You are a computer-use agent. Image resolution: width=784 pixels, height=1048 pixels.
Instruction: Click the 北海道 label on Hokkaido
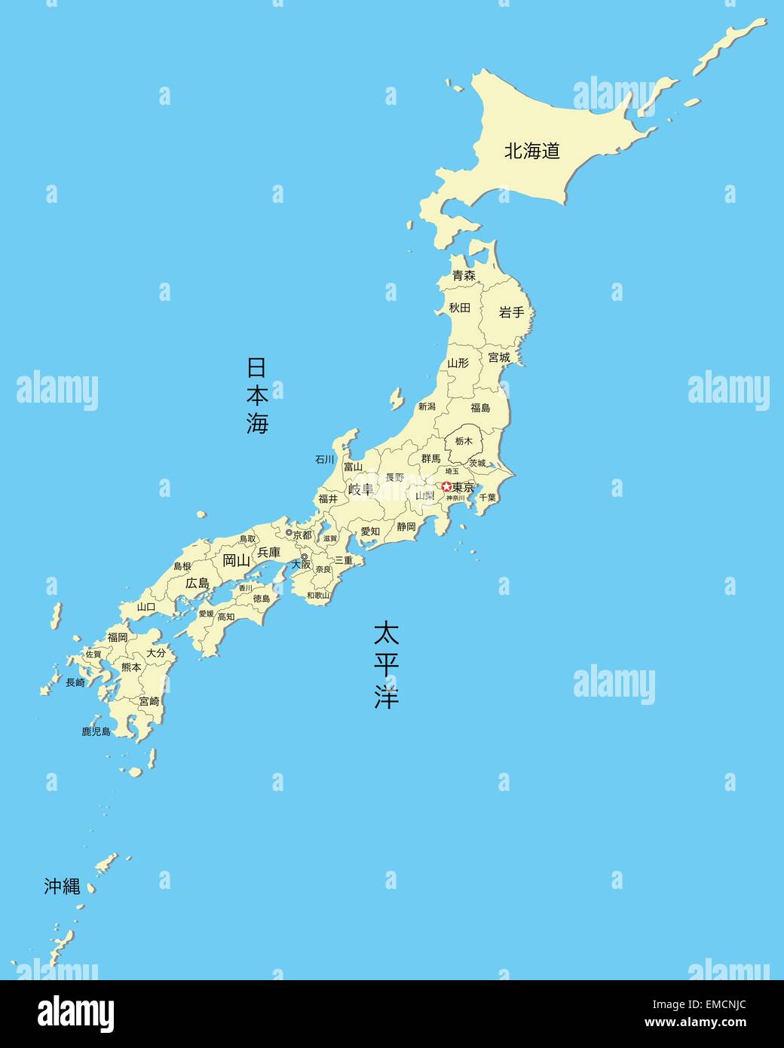tap(532, 151)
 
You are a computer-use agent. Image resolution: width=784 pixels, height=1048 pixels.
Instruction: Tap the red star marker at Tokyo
tap(446, 487)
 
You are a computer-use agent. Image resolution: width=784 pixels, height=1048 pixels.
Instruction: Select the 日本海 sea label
tap(257, 395)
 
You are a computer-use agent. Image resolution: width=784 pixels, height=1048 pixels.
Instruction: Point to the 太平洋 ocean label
tap(386, 664)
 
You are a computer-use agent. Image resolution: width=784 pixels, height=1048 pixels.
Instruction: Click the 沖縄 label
tap(62, 887)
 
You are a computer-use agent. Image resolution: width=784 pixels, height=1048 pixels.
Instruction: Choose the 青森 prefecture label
tap(464, 276)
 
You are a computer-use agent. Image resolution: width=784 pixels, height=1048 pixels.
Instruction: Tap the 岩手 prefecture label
tap(511, 312)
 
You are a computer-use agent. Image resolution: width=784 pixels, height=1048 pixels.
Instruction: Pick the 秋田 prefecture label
tap(459, 308)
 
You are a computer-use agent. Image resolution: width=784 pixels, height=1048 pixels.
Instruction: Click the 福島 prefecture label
tap(480, 408)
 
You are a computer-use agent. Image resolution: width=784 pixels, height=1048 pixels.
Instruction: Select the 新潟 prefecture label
tap(427, 406)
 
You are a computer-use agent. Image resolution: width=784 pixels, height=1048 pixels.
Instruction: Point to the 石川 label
tap(324, 459)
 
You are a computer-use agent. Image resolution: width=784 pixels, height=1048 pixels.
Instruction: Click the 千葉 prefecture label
tap(487, 498)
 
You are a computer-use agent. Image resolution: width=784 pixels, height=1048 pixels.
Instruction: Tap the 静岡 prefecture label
tap(406, 526)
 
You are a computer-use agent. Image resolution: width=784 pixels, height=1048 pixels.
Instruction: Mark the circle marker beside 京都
tap(288, 533)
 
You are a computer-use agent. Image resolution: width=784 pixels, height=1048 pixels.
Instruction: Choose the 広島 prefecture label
tap(198, 583)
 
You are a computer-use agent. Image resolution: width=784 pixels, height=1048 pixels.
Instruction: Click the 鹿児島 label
tap(96, 731)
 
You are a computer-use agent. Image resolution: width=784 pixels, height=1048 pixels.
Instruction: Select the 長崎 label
tap(75, 682)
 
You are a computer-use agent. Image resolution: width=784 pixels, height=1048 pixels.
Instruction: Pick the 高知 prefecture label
tap(225, 617)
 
